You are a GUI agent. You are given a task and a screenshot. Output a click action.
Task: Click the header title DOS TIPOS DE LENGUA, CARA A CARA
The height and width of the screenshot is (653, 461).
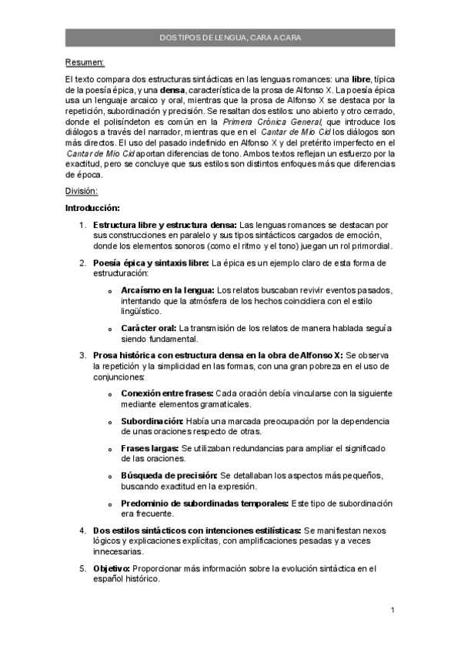pos(230,38)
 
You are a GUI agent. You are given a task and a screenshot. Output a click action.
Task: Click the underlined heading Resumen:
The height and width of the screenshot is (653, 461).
pos(85,62)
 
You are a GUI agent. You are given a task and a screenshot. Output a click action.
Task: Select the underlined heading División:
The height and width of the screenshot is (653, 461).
pos(82,191)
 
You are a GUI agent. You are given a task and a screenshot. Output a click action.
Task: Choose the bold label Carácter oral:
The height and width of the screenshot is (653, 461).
pos(149,328)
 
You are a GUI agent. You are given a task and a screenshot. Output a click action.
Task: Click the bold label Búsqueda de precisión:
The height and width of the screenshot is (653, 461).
pos(169,475)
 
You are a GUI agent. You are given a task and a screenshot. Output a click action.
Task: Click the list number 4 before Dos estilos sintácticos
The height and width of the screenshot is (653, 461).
pos(83,531)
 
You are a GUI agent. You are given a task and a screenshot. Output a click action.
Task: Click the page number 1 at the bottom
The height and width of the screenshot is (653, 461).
pos(393,611)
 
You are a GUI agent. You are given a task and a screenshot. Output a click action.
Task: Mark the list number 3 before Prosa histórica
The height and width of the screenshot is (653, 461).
pos(83,355)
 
